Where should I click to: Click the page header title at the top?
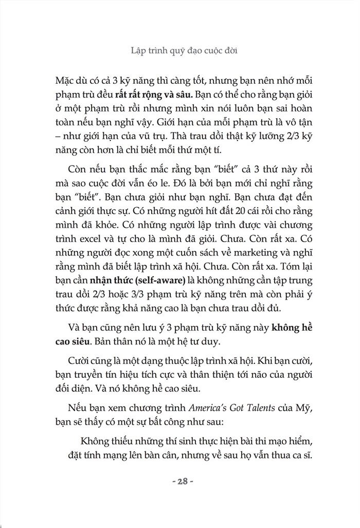tap(179, 51)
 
